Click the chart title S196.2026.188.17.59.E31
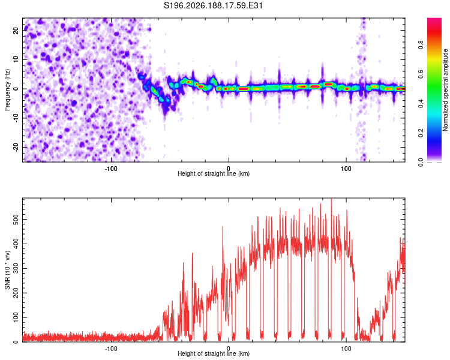pos(213,5)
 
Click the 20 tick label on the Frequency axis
pos(16,31)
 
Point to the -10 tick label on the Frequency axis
pos(16,118)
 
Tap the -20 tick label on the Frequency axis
pos(16,147)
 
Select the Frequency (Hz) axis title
pos(7,90)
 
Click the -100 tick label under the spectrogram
pos(111,169)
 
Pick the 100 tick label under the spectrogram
pos(346,169)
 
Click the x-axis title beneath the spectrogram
pos(214,173)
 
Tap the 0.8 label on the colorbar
pos(421,45)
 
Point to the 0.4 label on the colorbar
pos(421,104)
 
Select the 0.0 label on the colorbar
pos(421,162)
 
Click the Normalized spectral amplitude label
pos(445,90)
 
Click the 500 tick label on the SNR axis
pos(16,220)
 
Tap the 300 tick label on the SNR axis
pos(16,268)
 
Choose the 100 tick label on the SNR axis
pos(16,317)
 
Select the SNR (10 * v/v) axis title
pos(7,270)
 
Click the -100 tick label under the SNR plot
pos(111,349)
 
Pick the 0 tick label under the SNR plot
pos(229,349)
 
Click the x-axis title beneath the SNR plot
pos(214,353)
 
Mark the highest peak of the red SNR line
pos(331,199)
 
